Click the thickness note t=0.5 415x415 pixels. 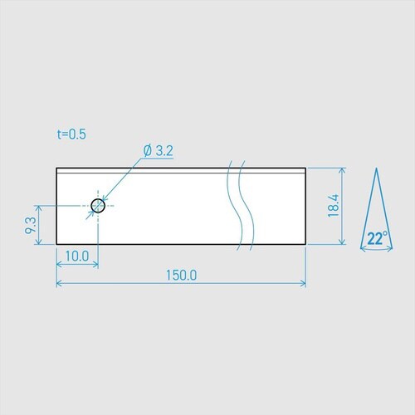pos(72,133)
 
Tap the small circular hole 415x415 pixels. pos(98,205)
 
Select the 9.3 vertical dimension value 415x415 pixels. pos(31,224)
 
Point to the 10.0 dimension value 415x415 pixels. pos(77,256)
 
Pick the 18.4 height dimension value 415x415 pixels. pos(334,206)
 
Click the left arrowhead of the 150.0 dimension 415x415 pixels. pos(60,284)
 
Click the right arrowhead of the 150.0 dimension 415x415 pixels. pos(303,284)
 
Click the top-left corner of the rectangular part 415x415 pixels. pos(56,168)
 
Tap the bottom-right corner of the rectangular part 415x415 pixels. pos(306,244)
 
